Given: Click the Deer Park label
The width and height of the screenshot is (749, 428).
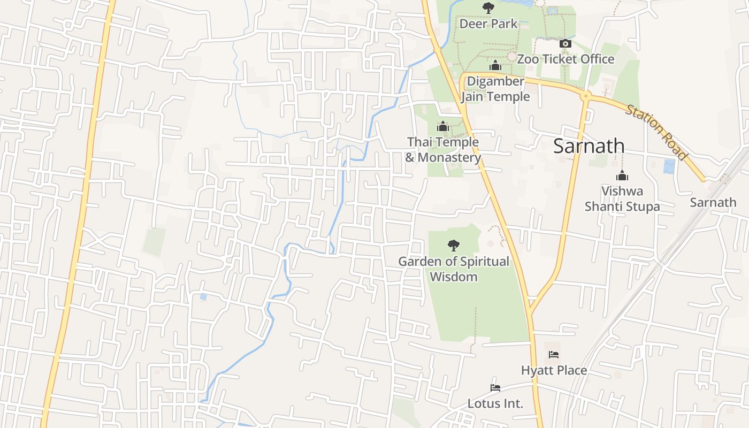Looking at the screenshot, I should (488, 24).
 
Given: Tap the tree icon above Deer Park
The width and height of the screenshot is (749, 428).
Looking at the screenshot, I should (488, 7).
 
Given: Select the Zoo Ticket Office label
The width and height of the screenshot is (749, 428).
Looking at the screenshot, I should (565, 59).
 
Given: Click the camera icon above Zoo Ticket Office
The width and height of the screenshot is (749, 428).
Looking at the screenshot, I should (565, 44).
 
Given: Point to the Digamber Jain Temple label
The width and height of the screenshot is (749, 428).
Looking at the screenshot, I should (495, 89).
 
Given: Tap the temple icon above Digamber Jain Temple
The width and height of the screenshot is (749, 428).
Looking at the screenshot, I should (495, 66).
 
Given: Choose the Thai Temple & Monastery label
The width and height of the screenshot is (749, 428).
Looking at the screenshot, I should (443, 150).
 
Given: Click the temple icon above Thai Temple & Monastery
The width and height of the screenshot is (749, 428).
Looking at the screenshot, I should (442, 127).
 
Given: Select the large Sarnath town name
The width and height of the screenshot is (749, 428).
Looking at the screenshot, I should (588, 146).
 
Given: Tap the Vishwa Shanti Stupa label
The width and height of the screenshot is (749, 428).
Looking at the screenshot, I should (622, 198).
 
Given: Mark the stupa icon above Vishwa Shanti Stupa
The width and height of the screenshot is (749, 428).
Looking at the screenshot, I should (622, 175).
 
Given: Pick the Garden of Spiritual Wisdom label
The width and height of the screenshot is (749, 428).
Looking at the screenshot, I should (454, 269).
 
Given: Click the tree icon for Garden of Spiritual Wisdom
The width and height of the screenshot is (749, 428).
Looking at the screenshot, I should (454, 246).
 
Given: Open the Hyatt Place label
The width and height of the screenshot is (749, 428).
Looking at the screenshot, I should (554, 370).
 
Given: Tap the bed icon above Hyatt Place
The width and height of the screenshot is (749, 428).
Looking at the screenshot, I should (554, 355).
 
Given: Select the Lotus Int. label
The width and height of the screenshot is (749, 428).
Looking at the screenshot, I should (495, 403).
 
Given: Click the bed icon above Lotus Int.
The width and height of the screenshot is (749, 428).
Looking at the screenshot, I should (495, 388).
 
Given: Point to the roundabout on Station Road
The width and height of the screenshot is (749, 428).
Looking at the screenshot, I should (586, 96).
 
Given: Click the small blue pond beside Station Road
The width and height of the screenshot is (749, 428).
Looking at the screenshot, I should (669, 166).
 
